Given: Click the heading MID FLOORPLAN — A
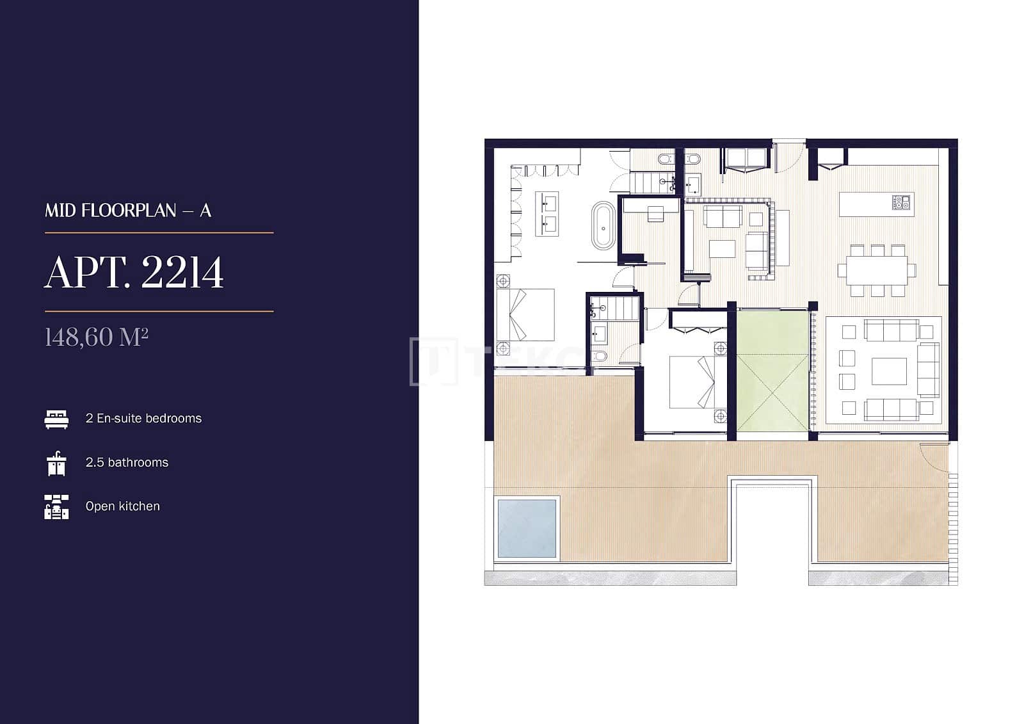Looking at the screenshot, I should (x=128, y=211).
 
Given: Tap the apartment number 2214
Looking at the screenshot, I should (x=182, y=273).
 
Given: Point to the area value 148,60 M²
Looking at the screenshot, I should (x=97, y=337).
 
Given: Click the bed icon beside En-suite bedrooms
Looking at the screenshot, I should (x=56, y=419).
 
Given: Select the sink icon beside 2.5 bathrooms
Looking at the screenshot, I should (x=56, y=463).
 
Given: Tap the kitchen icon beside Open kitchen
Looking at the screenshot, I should (x=56, y=506).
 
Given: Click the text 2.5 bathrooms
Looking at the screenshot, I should (x=127, y=462).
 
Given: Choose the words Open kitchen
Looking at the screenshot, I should (x=122, y=506).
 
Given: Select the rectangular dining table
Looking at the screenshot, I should (x=876, y=270).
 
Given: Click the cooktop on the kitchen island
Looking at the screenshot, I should (x=901, y=202).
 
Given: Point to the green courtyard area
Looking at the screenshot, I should (x=772, y=371).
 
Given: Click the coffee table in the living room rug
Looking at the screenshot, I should (x=889, y=371).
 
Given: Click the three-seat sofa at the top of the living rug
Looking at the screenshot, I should (x=892, y=331).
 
